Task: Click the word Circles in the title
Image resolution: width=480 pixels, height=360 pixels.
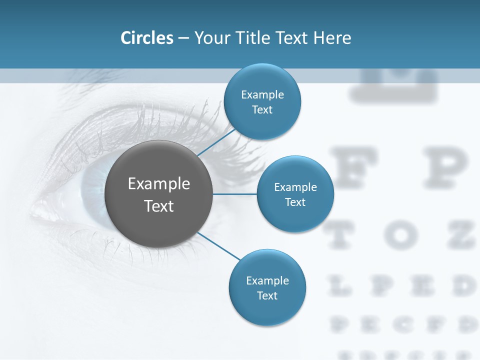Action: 147,38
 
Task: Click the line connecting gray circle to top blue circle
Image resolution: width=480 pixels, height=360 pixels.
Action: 216,141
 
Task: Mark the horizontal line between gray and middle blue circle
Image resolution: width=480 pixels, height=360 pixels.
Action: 235,194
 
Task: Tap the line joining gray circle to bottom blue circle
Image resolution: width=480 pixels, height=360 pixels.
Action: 218,246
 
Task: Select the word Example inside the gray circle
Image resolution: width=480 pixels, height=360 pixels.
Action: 159,184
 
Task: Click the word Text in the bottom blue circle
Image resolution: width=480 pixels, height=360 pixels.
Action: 267,295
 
